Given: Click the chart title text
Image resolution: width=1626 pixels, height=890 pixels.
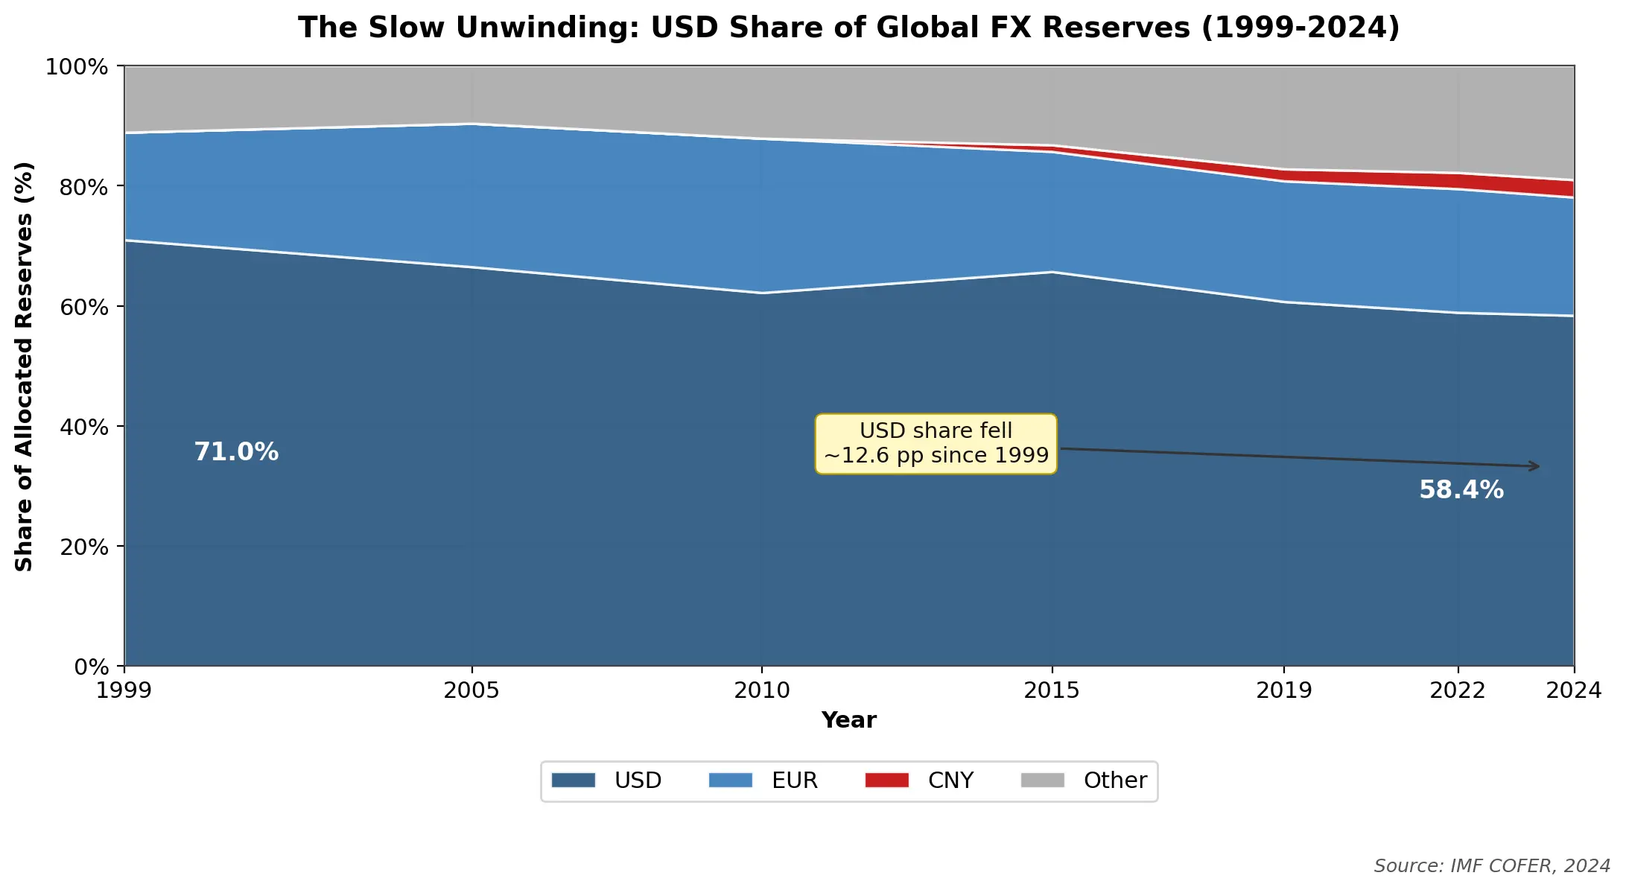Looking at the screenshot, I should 848,28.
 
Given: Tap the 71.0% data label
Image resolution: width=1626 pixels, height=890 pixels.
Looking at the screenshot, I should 236,452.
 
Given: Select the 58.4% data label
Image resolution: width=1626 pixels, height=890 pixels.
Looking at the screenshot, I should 1461,490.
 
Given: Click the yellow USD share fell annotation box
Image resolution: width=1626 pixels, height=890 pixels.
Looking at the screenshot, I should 936,443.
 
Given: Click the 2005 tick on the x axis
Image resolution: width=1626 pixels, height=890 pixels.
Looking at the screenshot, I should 471,690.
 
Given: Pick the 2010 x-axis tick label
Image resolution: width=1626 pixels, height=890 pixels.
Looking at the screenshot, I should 761,690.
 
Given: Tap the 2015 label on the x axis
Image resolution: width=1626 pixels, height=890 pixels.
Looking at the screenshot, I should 1051,690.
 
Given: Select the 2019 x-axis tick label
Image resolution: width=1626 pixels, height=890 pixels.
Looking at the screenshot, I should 1283,690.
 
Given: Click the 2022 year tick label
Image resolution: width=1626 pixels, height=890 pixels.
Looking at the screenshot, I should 1457,690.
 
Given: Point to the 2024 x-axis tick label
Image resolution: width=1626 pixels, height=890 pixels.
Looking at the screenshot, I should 1573,690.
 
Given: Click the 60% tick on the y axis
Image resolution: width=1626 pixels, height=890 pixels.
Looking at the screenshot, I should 84,307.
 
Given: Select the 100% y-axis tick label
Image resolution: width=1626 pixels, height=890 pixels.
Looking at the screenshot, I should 77,67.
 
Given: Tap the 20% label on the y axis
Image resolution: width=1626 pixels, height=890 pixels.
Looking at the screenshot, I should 84,547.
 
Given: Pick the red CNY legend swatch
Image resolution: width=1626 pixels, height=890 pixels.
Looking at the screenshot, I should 886,781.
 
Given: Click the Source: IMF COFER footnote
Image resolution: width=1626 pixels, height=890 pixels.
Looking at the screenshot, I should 1491,866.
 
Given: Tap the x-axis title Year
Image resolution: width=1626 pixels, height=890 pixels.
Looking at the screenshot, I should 848,720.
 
